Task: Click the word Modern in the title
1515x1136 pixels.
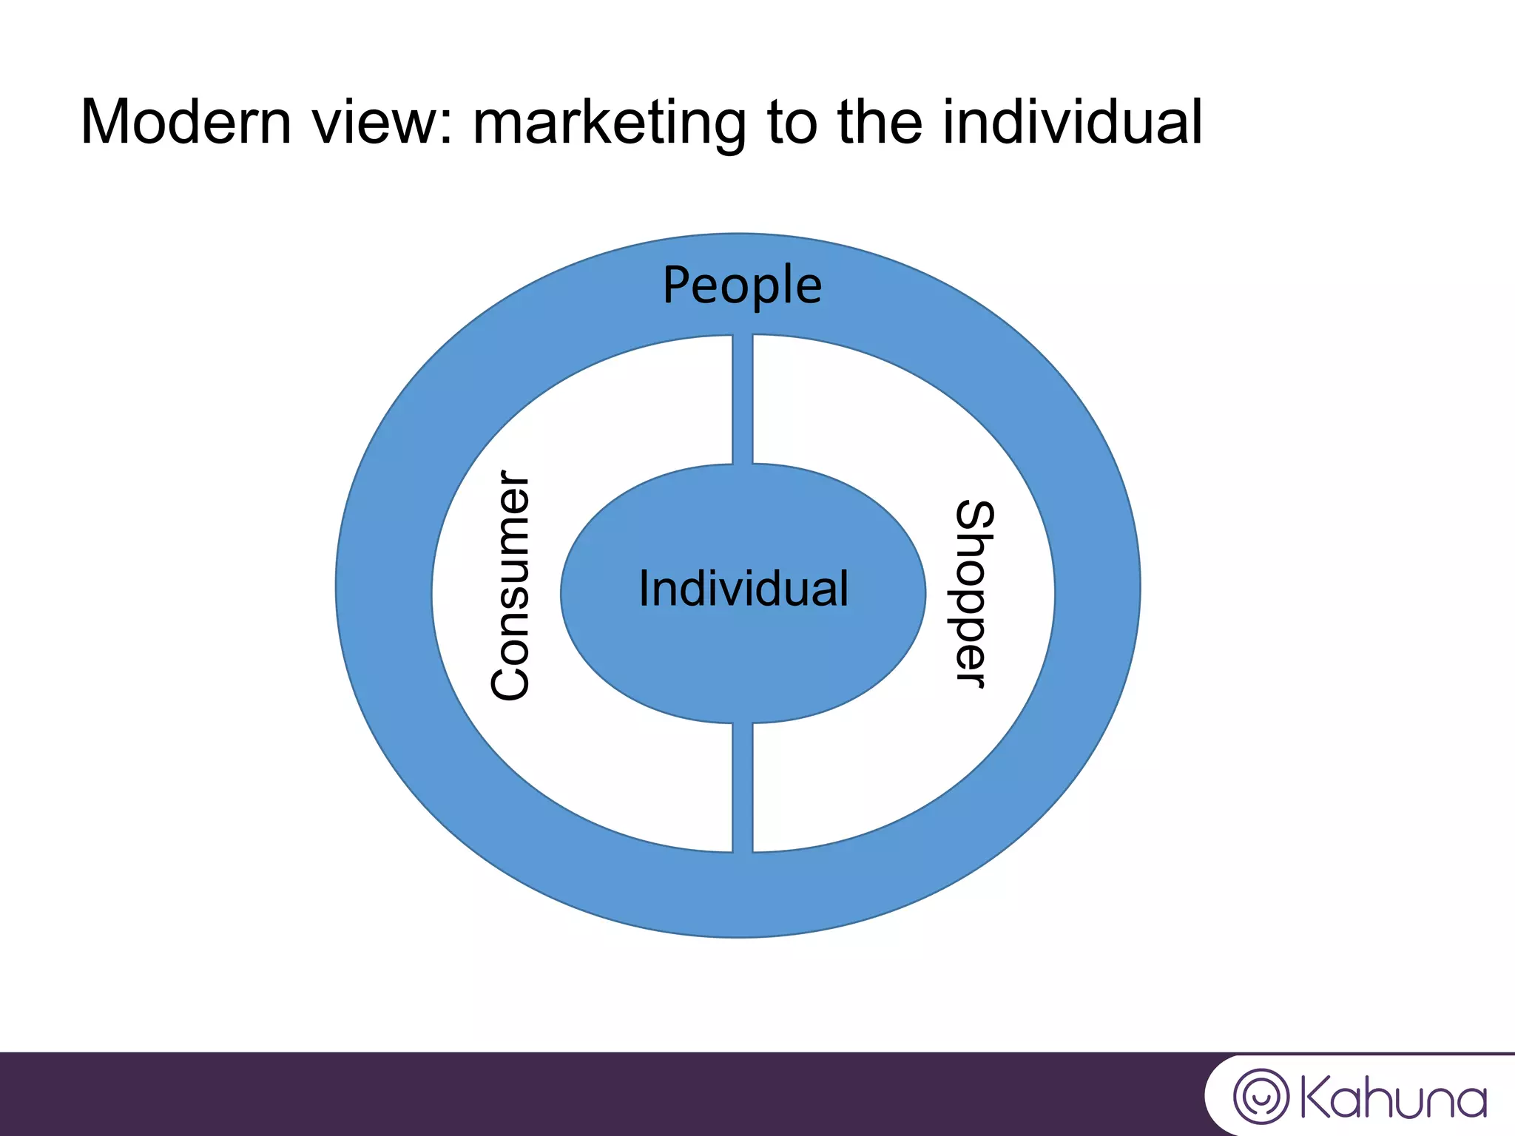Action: [x=186, y=122]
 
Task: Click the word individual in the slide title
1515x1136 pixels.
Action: [x=1073, y=122]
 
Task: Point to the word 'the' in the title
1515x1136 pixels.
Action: [x=880, y=122]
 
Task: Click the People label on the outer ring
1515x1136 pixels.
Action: [x=742, y=286]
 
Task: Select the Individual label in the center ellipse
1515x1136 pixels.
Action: [x=743, y=589]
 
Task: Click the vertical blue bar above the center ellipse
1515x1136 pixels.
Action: [x=743, y=399]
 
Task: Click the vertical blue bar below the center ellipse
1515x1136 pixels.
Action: [x=743, y=788]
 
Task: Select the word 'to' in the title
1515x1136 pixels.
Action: [x=792, y=122]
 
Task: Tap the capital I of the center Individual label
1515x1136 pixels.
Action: [x=644, y=589]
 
